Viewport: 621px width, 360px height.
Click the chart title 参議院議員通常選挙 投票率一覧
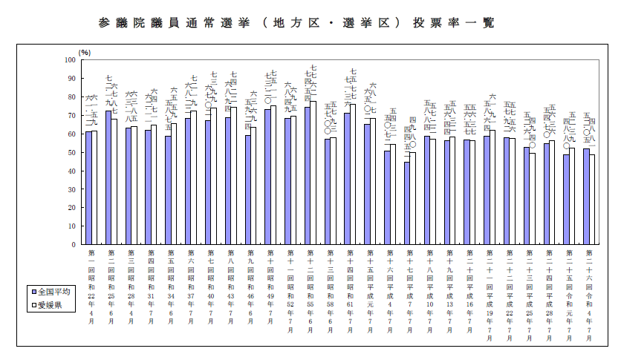click(x=296, y=23)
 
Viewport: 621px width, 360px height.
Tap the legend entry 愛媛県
click(x=52, y=305)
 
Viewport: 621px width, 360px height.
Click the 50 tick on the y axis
click(x=71, y=152)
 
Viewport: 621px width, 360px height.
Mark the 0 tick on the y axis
click(x=74, y=244)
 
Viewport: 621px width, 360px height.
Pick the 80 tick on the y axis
click(x=71, y=96)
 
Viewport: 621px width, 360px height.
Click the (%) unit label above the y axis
click(x=85, y=52)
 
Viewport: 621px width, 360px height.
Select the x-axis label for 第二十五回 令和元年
click(x=569, y=289)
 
